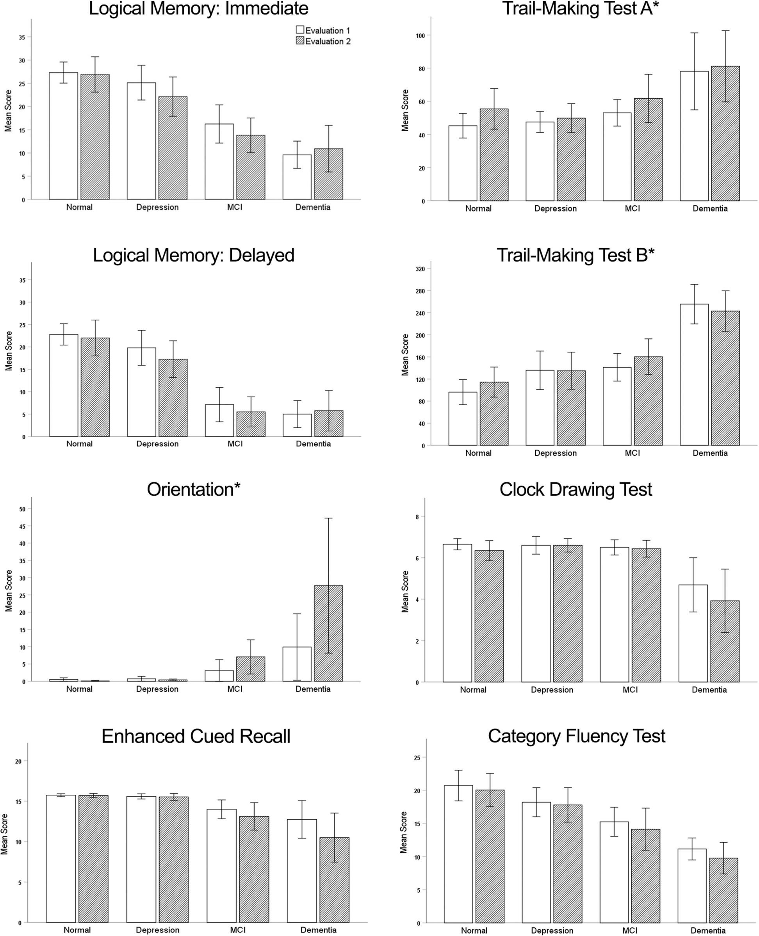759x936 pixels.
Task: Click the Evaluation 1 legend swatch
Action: pyautogui.click(x=300, y=30)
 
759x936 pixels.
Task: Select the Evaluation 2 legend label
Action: pyautogui.click(x=328, y=41)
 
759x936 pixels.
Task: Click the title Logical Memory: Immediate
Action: pyautogui.click(x=198, y=9)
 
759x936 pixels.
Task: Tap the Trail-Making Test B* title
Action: pyautogui.click(x=575, y=255)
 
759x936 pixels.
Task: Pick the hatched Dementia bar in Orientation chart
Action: pyautogui.click(x=328, y=633)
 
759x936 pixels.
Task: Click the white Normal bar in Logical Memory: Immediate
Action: pyautogui.click(x=63, y=136)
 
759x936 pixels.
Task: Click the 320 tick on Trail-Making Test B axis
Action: pyautogui.click(x=420, y=269)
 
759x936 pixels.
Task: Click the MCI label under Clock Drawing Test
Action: pyautogui.click(x=630, y=690)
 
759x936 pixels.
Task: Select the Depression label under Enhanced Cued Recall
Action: pyautogui.click(x=157, y=930)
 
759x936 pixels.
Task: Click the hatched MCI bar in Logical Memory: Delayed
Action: pyautogui.click(x=251, y=424)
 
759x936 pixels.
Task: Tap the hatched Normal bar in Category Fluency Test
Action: pyautogui.click(x=490, y=856)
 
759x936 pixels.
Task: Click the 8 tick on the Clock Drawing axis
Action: pyautogui.click(x=417, y=517)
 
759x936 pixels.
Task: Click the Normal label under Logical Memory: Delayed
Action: pyautogui.click(x=79, y=443)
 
